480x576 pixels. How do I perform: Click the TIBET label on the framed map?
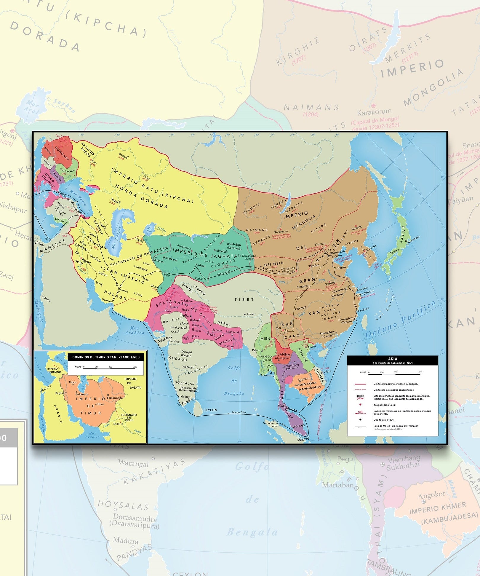coord(244,299)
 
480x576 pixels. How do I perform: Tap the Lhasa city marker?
coord(245,314)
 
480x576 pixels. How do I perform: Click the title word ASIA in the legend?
coord(393,359)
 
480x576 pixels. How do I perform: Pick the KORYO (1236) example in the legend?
coord(360,397)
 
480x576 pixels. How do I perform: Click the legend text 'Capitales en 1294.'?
coord(384,420)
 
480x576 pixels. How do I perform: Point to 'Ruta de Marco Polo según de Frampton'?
coord(396,426)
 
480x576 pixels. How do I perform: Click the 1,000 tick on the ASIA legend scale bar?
coord(420,372)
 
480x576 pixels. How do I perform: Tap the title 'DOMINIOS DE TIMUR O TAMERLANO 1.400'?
coord(106,357)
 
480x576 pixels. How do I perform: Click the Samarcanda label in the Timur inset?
coord(115,398)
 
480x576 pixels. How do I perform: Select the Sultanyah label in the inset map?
coord(82,394)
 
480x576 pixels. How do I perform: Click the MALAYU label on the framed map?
coord(303,439)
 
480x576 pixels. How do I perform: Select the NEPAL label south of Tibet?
coord(224,323)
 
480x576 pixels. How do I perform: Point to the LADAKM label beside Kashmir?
coord(199,290)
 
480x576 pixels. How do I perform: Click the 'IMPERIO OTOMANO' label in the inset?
coord(54,370)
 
